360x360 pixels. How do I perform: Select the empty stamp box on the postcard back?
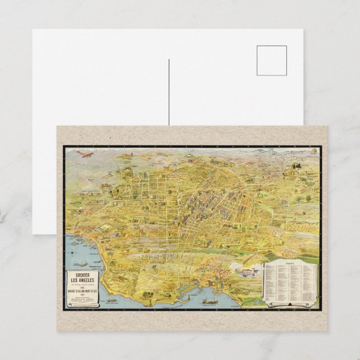[x=272, y=60]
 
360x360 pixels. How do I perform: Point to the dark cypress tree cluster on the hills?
[x=296, y=165]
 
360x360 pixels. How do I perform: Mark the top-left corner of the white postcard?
[x=33, y=30]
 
